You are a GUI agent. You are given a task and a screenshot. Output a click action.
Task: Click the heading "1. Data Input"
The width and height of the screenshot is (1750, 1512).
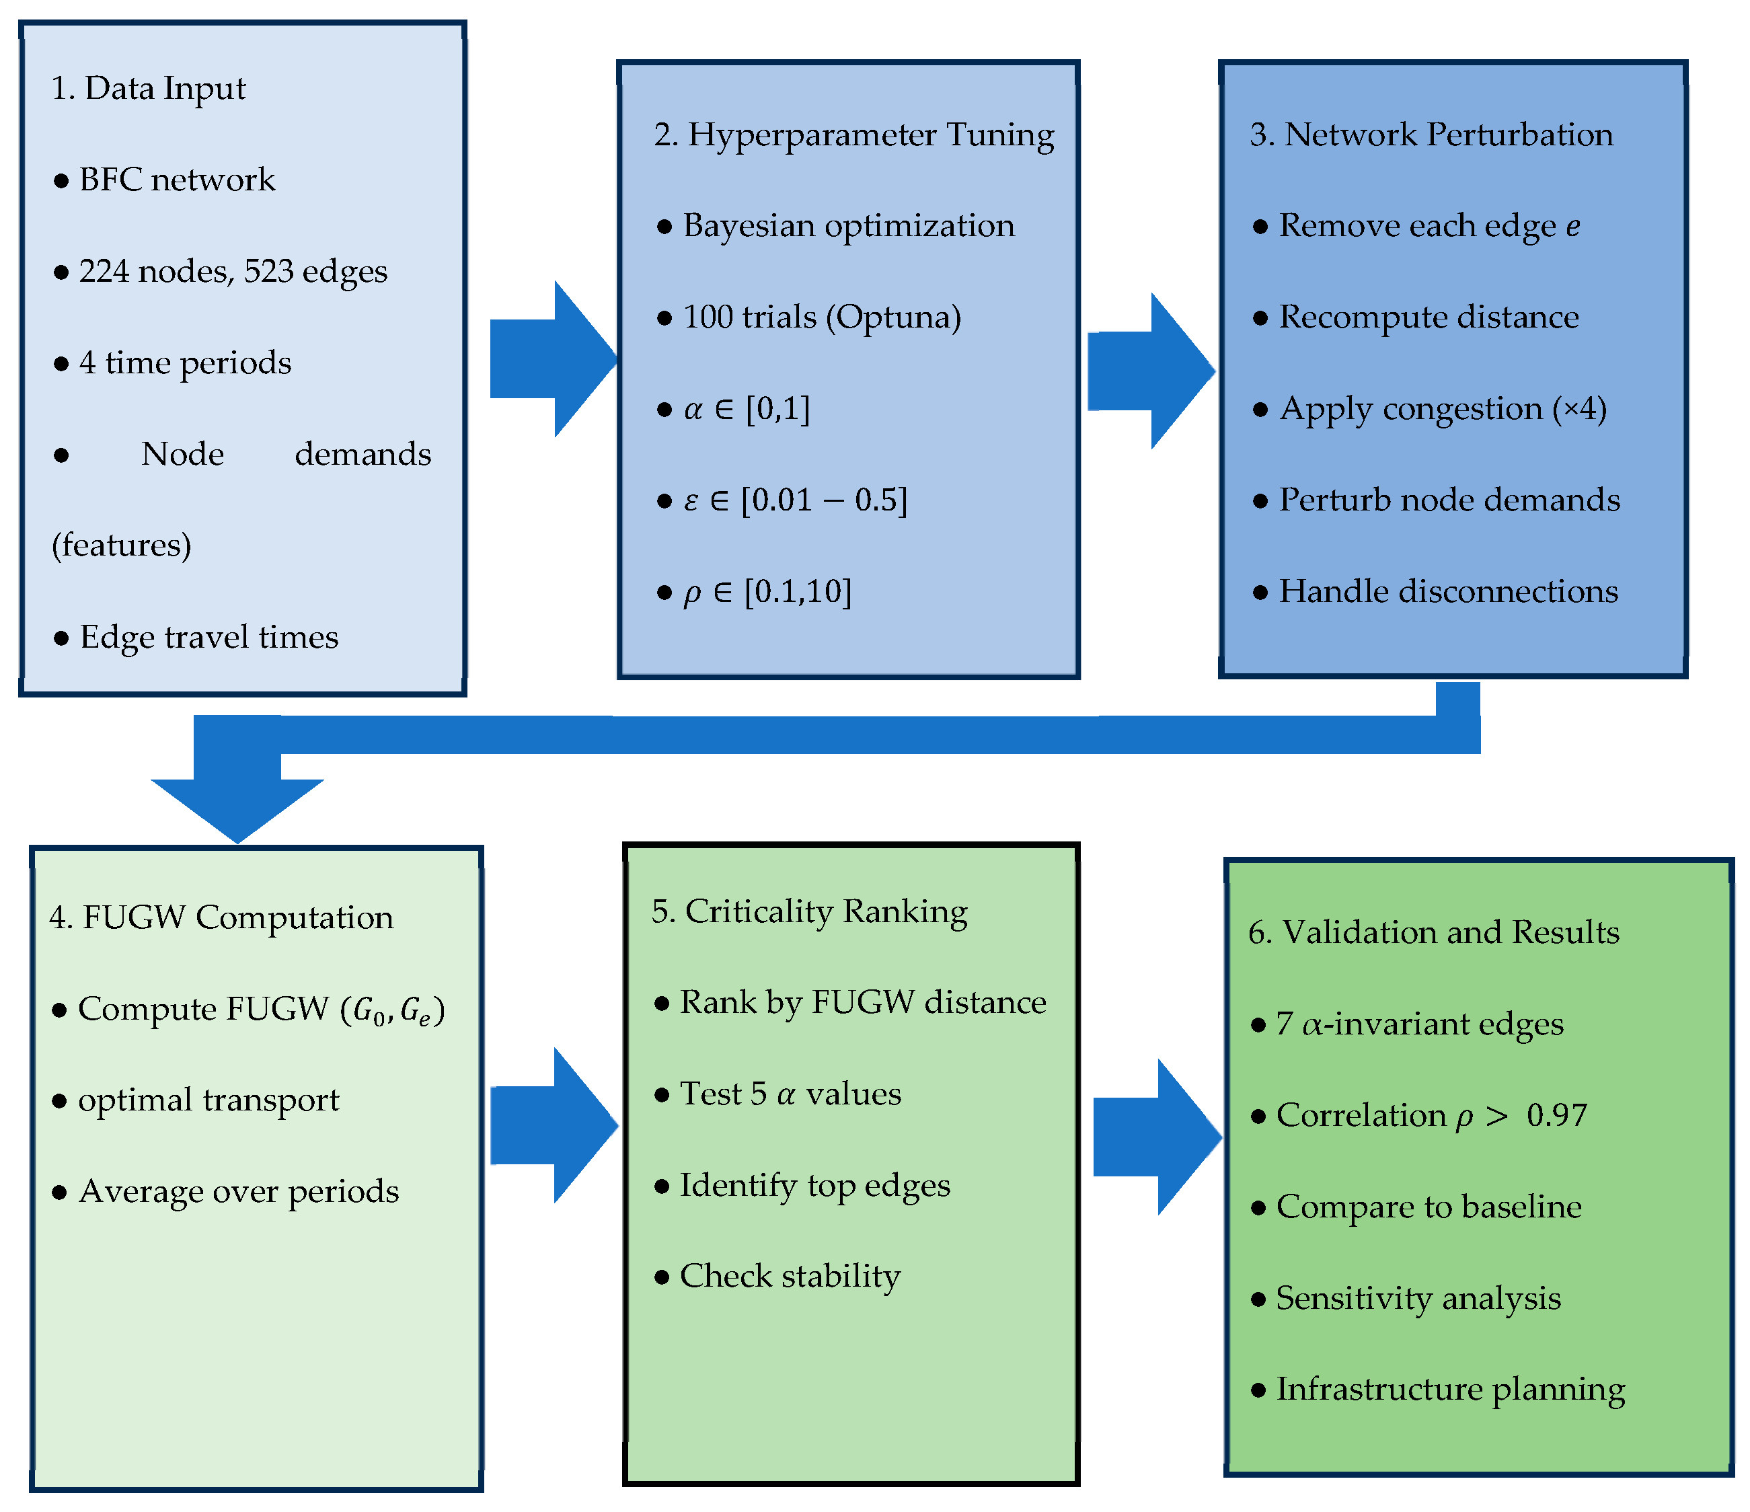click(x=149, y=89)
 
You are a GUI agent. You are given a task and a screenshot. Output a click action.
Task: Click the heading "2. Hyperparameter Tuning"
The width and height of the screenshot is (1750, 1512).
click(x=854, y=135)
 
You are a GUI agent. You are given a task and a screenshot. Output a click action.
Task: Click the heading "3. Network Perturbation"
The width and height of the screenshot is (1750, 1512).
click(x=1432, y=135)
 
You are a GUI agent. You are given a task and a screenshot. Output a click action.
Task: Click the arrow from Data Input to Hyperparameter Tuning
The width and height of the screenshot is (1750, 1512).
click(x=554, y=359)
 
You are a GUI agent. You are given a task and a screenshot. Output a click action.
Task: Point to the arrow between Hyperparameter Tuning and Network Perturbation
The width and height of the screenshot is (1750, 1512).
click(x=1151, y=371)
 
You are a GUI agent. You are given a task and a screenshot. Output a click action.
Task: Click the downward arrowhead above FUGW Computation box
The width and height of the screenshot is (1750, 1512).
click(x=237, y=809)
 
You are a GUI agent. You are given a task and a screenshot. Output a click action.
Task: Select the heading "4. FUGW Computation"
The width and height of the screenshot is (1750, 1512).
click(x=221, y=918)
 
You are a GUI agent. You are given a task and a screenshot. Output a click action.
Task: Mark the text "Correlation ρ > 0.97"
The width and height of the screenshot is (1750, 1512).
click(x=1432, y=1116)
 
